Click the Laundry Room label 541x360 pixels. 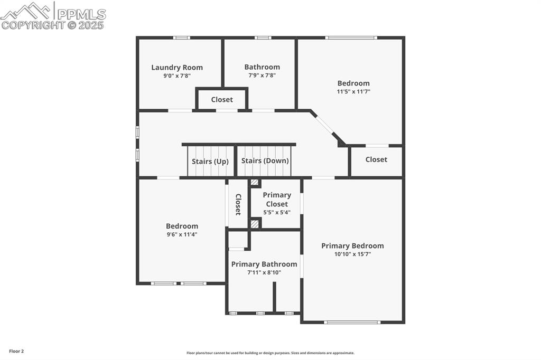(177, 67)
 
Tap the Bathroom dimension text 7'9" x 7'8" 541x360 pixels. (262, 75)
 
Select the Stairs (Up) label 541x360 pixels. (210, 162)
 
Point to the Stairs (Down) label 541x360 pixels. (265, 160)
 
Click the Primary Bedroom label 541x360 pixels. (352, 245)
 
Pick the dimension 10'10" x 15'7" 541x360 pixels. (352, 254)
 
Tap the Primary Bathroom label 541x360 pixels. (264, 264)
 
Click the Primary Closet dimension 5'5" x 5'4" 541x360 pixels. (277, 212)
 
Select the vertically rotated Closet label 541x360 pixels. (238, 204)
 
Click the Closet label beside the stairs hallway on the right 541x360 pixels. (376, 159)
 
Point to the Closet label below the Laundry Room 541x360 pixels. (222, 100)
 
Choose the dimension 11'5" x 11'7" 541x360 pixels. (353, 91)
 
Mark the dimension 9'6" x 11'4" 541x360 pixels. (182, 234)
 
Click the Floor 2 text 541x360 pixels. (16, 351)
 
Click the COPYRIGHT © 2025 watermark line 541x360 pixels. (53, 25)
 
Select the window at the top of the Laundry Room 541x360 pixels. (182, 37)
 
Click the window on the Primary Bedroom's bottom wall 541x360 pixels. (352, 322)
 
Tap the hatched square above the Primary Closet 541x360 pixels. (255, 183)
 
